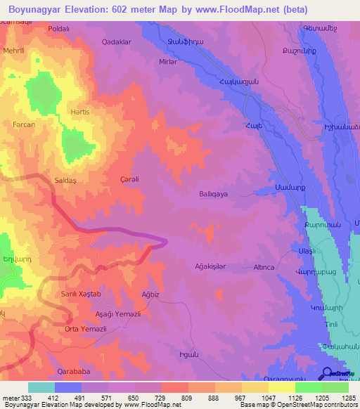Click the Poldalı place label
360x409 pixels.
coord(58,28)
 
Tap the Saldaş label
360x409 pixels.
coord(66,180)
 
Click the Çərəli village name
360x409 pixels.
coord(130,179)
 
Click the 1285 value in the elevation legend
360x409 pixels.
coord(346,398)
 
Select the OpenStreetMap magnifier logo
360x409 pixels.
coord(328,374)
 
